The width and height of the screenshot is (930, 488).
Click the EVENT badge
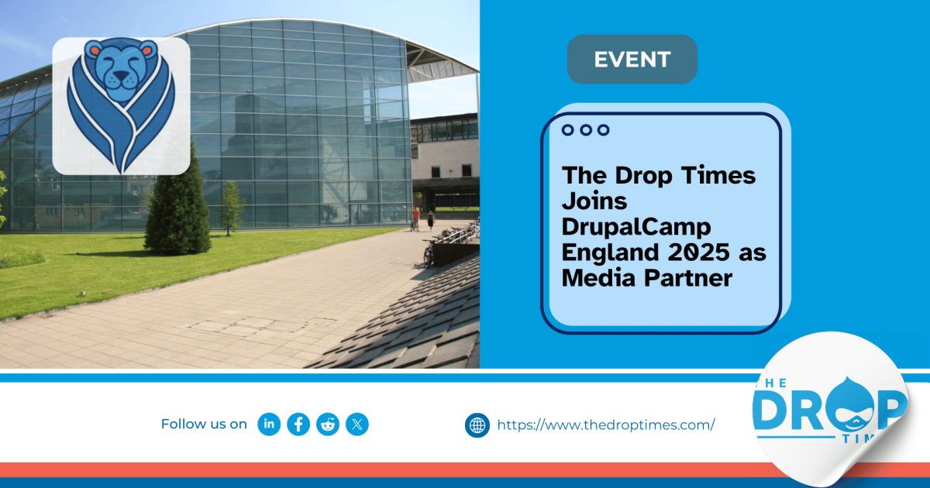pyautogui.click(x=632, y=59)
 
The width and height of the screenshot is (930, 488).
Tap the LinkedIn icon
pyautogui.click(x=269, y=424)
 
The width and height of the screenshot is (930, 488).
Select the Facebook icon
pyautogui.click(x=298, y=424)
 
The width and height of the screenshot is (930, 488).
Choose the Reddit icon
pyautogui.click(x=328, y=424)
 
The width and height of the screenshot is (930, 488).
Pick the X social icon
pyautogui.click(x=357, y=424)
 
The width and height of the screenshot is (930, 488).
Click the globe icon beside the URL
pyautogui.click(x=477, y=424)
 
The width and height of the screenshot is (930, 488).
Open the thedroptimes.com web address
pyautogui.click(x=605, y=424)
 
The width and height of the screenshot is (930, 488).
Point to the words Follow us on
pyautogui.click(x=204, y=424)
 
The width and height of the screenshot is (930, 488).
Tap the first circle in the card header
pyautogui.click(x=568, y=130)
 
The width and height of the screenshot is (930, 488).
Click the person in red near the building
pyautogui.click(x=416, y=217)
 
